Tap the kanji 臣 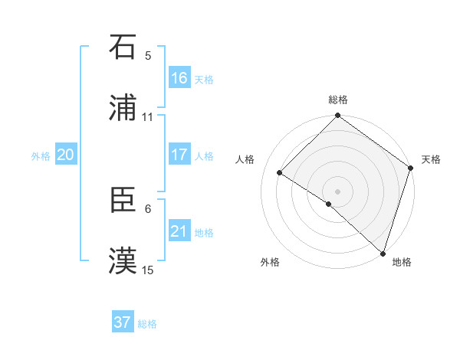tap(123, 200)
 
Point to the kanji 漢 tap(123, 261)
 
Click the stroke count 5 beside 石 tap(148, 55)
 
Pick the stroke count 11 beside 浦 tap(147, 116)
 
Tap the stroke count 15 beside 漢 tap(147, 270)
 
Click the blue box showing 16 tap(179, 78)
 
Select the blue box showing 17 tap(179, 155)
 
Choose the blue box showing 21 tap(179, 231)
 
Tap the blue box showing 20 tap(65, 155)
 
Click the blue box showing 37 tap(122, 322)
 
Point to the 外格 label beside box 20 tap(41, 156)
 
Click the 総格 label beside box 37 tap(147, 324)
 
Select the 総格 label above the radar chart tap(338, 100)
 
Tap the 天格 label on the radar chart tap(431, 159)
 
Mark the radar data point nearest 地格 tap(383, 253)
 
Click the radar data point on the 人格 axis tap(280, 172)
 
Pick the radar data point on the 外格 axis tap(329, 204)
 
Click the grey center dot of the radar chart tap(338, 191)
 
